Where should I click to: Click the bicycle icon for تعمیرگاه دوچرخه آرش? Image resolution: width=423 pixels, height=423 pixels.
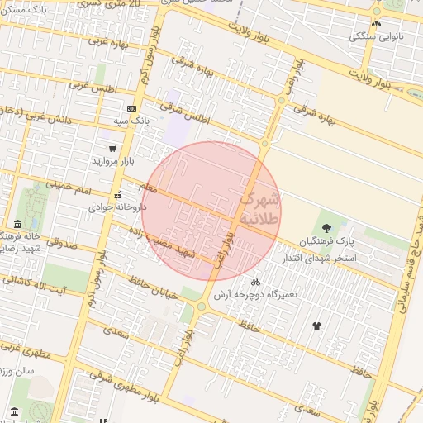click(256, 281)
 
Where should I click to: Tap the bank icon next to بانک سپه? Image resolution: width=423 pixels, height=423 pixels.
click(131, 109)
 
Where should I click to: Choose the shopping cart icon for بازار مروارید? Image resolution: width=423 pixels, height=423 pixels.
click(112, 149)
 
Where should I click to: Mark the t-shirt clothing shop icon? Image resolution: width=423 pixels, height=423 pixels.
click(316, 326)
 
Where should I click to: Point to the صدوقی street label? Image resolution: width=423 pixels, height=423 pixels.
click(59, 243)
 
